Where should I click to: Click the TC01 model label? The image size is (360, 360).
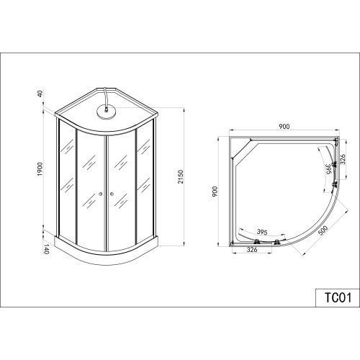coord(338,297)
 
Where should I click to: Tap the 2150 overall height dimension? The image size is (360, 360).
coord(181,176)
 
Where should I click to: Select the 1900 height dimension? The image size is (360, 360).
coord(40,169)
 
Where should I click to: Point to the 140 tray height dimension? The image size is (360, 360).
coord(46,249)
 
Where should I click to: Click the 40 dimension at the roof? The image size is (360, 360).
coord(40,94)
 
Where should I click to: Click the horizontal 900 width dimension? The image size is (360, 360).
coord(284,126)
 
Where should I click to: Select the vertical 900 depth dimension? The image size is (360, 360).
coord(215,192)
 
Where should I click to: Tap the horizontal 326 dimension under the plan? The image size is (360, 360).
coord(252,250)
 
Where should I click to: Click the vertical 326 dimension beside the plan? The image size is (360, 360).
coord(343,159)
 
